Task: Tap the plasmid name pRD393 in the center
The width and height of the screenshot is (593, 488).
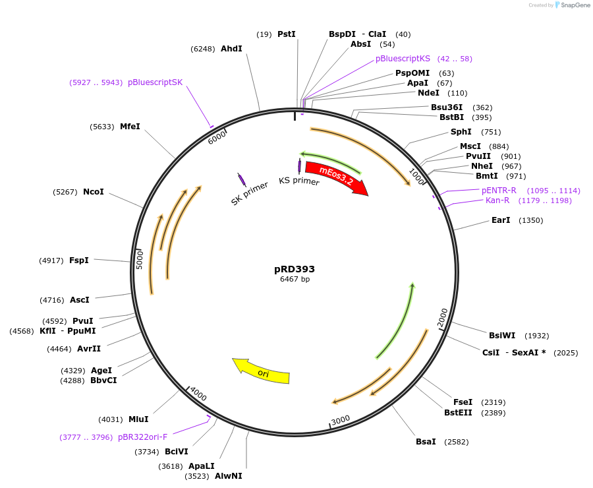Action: pos(295,269)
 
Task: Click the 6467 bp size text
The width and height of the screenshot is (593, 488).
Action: pos(295,280)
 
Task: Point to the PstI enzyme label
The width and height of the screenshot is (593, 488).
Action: pos(286,34)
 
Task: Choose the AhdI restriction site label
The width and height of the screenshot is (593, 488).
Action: pos(231,49)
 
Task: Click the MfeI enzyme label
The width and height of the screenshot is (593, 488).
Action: pos(130,127)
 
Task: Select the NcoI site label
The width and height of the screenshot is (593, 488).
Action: pos(94,192)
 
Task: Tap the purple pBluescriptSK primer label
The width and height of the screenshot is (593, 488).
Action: pos(155,82)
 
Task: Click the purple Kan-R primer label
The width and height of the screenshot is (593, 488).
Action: pos(497,200)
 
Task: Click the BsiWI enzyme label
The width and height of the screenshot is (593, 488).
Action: pos(502,336)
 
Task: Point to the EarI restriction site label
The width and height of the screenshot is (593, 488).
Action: pos(501,220)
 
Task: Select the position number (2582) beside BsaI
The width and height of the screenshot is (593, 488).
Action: pos(457,442)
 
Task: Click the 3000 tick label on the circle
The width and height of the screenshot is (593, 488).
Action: pos(341,421)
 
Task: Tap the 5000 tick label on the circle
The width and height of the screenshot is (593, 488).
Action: pos(139,259)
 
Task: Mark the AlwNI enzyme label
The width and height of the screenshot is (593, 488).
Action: pos(229,476)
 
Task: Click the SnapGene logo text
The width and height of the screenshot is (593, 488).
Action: pos(575,5)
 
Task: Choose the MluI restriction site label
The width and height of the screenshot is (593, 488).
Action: pos(138,419)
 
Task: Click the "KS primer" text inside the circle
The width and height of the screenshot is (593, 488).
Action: pos(299,181)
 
